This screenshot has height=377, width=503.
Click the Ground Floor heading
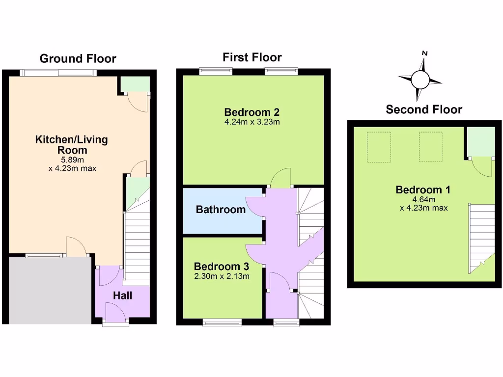pyautogui.click(x=78, y=59)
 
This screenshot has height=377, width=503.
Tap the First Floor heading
pyautogui.click(x=252, y=57)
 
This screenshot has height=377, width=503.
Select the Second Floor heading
pyautogui.click(x=424, y=109)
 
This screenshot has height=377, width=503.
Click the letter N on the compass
pyautogui.click(x=425, y=53)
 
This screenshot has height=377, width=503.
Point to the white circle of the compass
pyautogui.click(x=420, y=80)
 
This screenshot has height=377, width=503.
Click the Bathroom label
pyautogui.click(x=221, y=209)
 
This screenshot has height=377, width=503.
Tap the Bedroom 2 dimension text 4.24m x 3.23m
pyautogui.click(x=252, y=122)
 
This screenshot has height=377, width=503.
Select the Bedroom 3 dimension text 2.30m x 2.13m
pyautogui.click(x=222, y=276)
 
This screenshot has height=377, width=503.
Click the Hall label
pyautogui.click(x=122, y=296)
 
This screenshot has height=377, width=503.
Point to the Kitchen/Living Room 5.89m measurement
pyautogui.click(x=73, y=160)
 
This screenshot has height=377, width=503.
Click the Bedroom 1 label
pyautogui.click(x=423, y=190)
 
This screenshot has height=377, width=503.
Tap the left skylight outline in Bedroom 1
pyautogui.click(x=379, y=147)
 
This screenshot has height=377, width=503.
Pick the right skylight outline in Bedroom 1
pyautogui.click(x=431, y=147)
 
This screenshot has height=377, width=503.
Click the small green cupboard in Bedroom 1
pyautogui.click(x=481, y=142)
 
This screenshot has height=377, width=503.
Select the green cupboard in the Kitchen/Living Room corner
pyautogui.click(x=135, y=84)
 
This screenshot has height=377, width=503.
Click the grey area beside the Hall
pyautogui.click(x=50, y=290)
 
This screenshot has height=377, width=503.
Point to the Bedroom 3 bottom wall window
pyautogui.click(x=222, y=322)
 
